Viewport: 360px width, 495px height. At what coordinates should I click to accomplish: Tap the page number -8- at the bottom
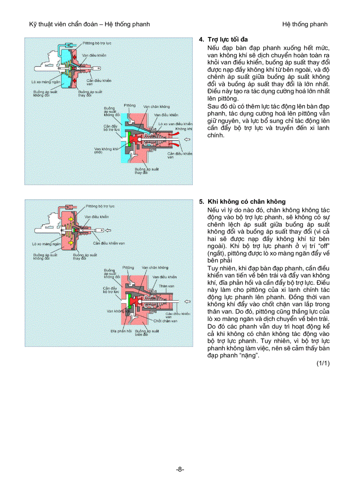coord(180,469)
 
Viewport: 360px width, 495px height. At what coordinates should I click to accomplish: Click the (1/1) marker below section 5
coord(322,363)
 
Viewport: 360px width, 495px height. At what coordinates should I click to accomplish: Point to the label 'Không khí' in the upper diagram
coord(183,129)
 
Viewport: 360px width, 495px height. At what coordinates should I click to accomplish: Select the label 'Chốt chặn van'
coord(166,321)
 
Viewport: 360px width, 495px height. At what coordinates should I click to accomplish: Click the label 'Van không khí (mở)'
coord(106,151)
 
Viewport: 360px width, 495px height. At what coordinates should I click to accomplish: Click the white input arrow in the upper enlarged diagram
coord(187,140)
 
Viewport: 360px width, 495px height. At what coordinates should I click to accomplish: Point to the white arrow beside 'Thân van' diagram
coord(187,302)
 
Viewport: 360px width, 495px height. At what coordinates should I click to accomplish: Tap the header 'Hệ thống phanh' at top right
coord(305,24)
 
